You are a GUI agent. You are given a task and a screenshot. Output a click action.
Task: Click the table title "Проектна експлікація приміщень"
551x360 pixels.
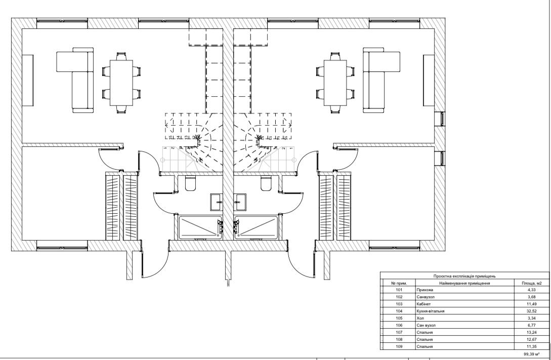click(464, 275)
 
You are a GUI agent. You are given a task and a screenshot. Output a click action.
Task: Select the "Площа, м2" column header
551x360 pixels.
click(531, 283)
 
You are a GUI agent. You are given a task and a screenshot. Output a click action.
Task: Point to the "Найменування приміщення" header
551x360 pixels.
click(464, 283)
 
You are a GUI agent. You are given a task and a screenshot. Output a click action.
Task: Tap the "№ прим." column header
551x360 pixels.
click(398, 283)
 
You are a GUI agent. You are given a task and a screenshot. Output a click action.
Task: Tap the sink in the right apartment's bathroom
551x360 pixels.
click(241, 202)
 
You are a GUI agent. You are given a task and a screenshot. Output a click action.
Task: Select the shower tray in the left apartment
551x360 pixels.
click(199, 226)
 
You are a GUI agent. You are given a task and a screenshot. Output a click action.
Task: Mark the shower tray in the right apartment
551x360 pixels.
click(256, 226)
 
